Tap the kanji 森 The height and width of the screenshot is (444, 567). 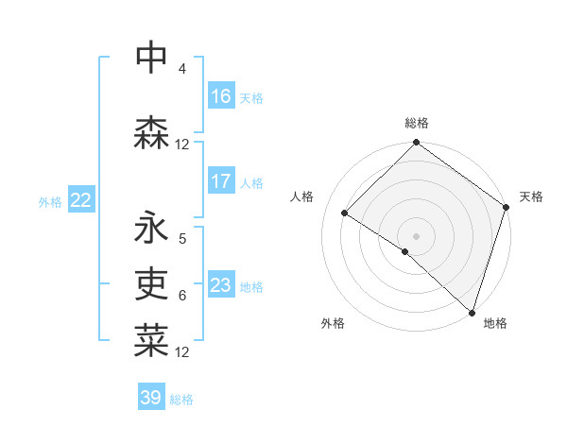(x=151, y=133)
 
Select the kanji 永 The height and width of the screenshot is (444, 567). (x=151, y=228)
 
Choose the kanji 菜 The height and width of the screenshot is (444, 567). (x=151, y=341)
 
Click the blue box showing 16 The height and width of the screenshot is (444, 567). (x=221, y=96)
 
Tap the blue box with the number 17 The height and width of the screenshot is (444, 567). (x=221, y=181)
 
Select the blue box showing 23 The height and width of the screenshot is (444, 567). (x=221, y=285)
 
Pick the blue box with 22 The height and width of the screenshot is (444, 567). (x=80, y=199)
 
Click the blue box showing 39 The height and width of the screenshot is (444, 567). (x=151, y=398)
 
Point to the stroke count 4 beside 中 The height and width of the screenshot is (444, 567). (x=181, y=70)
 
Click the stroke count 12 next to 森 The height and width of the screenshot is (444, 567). (x=182, y=145)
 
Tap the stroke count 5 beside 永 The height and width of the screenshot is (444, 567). (x=181, y=239)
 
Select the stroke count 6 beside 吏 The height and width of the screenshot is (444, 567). (x=181, y=296)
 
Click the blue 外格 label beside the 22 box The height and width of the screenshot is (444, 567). (x=50, y=201)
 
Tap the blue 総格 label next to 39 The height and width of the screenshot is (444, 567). (x=181, y=400)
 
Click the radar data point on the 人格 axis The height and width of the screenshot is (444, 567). (x=345, y=213)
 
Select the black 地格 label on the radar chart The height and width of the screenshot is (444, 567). (x=495, y=323)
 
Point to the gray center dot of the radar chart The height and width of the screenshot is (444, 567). (x=416, y=235)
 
